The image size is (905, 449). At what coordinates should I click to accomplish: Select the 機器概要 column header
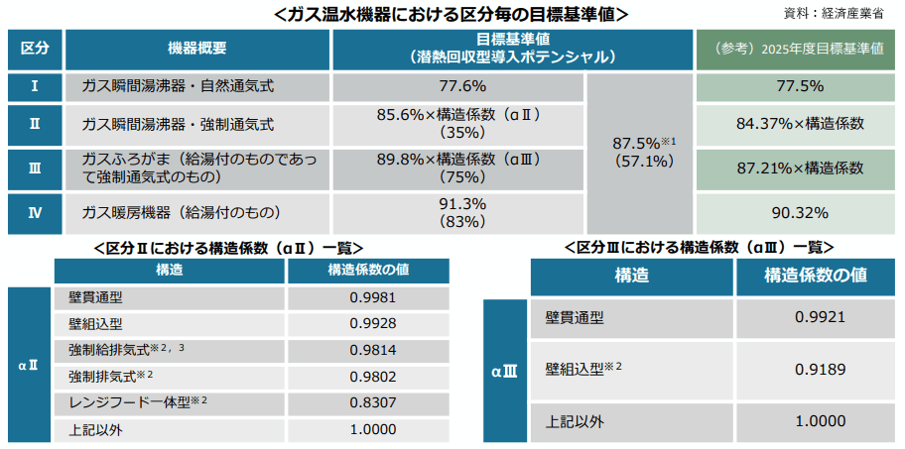coord(196,48)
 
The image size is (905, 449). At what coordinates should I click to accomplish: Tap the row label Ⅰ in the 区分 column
coord(35,85)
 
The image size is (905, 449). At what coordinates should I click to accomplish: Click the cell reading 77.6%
coord(460,85)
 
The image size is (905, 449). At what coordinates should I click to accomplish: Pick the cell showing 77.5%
coord(799,85)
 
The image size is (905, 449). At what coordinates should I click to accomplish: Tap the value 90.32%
coord(799,211)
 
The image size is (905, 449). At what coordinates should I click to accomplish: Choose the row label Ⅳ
coord(35,211)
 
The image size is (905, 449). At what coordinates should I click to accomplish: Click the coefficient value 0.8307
coord(373,402)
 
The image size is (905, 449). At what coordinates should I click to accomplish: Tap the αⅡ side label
coord(29,364)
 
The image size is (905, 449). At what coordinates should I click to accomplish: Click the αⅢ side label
coord(504,374)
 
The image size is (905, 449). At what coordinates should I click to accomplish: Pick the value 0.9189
coord(820,369)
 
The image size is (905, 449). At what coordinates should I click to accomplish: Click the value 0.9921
coord(820,318)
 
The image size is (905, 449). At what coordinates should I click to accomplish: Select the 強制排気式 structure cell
coord(109,377)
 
